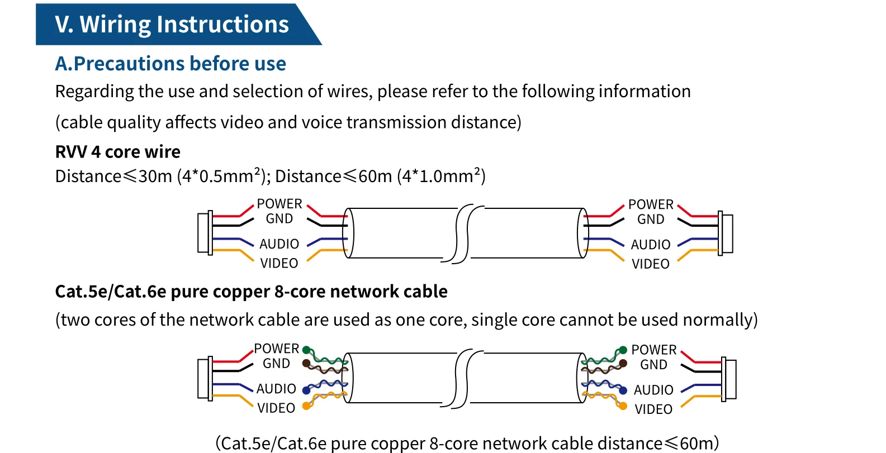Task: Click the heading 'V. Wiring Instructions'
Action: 172,24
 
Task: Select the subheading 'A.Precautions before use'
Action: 170,63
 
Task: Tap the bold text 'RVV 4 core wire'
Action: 117,151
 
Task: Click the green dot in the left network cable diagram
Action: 306,350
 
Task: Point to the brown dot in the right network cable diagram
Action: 623,363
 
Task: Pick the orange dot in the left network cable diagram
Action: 306,406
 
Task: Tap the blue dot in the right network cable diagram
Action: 623,390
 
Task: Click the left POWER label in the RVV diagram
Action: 279,203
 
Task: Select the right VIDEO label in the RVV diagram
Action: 651,264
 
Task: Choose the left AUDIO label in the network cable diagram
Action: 276,389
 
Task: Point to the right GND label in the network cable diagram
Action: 653,364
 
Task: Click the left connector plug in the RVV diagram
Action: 205,233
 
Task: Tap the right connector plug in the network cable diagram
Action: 728,379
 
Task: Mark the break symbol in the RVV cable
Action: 463,233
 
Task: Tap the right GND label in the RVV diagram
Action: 651,219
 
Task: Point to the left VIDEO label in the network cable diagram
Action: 276,408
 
